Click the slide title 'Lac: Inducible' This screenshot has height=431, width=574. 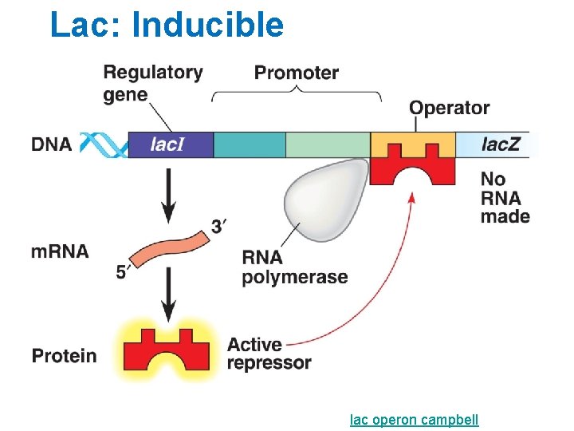coord(166,25)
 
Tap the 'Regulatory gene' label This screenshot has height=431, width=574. coord(151,83)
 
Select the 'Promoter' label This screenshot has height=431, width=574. coord(296,73)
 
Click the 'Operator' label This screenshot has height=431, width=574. coord(449,108)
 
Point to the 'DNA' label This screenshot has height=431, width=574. coord(52,144)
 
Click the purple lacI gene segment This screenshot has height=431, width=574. coord(170,144)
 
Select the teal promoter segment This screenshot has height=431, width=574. coord(249,144)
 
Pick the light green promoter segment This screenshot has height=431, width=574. coord(327,144)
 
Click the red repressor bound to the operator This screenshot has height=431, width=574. coord(413,170)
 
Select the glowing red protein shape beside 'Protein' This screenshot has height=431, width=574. coord(167,350)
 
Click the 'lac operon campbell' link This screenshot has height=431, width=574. coord(415,419)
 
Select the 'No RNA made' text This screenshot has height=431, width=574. coord(505,198)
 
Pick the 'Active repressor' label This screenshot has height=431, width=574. coord(269,354)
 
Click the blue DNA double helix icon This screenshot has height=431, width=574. coord(102,144)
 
